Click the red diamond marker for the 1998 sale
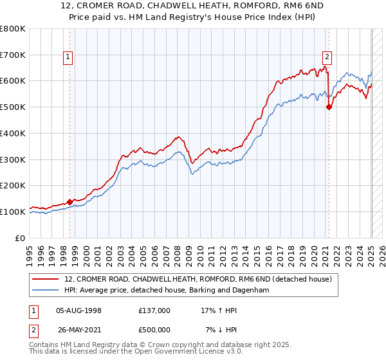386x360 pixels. click(x=69, y=202)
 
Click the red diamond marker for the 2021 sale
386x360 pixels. click(x=329, y=107)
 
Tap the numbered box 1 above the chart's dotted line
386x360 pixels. click(x=68, y=57)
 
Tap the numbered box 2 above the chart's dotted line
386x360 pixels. click(x=327, y=57)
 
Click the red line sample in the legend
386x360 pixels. click(x=46, y=279)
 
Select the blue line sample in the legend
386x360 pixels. click(x=46, y=291)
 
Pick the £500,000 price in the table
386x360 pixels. click(x=154, y=329)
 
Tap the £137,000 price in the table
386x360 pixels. click(x=154, y=310)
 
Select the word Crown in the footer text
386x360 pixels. click(x=164, y=345)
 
